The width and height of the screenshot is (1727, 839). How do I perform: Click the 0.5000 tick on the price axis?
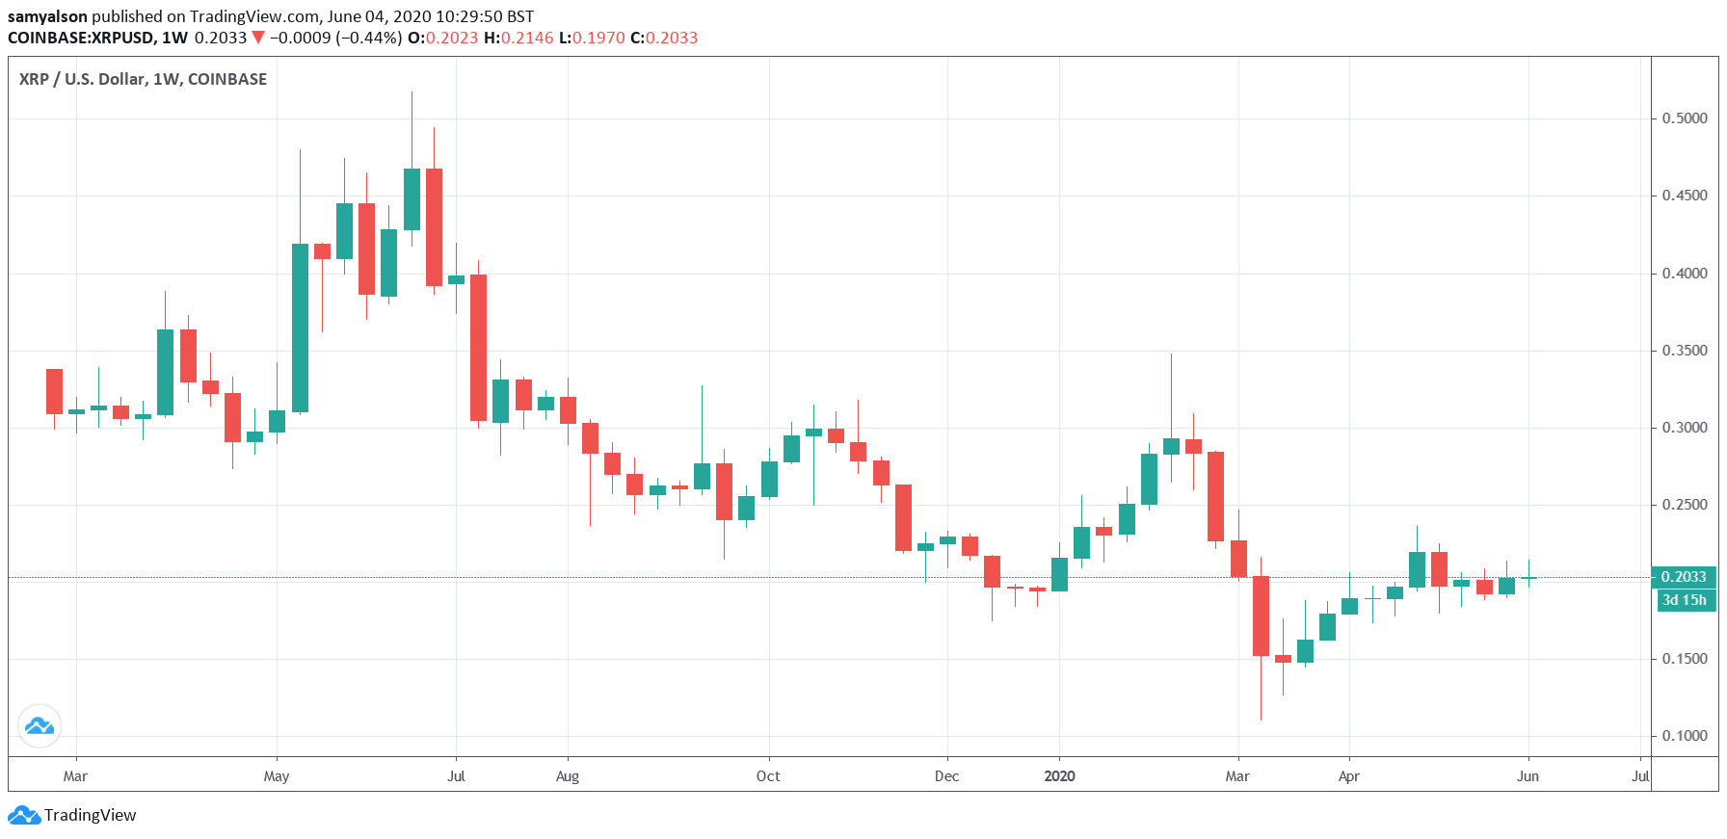point(1684,118)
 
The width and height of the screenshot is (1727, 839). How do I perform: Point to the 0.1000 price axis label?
point(1684,736)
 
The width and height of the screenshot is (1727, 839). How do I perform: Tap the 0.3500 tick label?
point(1684,351)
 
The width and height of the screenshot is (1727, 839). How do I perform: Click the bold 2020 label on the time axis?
point(1059,776)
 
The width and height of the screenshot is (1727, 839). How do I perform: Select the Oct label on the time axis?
point(768,776)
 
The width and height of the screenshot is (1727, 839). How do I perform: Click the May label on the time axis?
point(277,776)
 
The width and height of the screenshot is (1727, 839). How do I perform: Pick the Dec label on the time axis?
point(946,776)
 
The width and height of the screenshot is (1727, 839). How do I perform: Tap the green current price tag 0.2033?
point(1684,577)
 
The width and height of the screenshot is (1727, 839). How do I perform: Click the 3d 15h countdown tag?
point(1684,600)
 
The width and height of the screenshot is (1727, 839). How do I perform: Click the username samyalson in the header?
point(47,16)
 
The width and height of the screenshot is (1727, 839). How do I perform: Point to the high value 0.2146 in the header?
point(526,38)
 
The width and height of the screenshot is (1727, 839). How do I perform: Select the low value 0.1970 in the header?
point(598,38)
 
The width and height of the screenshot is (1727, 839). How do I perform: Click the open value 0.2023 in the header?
point(452,38)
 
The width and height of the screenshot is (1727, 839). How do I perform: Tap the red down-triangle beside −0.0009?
point(257,38)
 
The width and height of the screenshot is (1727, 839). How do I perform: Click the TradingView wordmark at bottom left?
point(90,815)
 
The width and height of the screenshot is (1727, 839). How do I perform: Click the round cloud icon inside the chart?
point(40,726)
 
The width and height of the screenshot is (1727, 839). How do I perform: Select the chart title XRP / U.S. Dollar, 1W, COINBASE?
point(143,79)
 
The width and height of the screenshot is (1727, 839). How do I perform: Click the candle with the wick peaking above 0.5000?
point(412,198)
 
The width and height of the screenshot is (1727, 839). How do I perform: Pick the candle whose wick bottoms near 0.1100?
point(1261,616)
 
